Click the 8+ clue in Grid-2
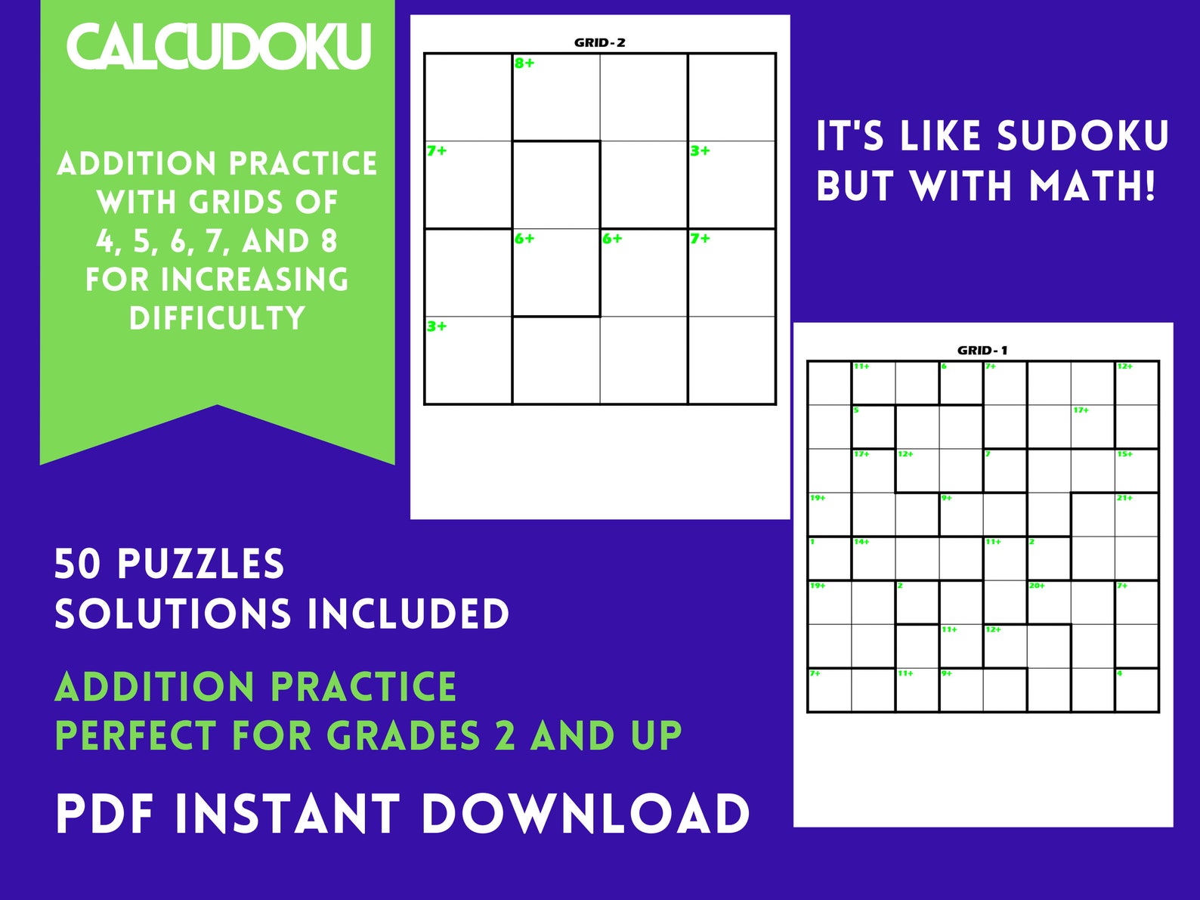pos(524,63)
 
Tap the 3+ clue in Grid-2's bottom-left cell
pos(437,326)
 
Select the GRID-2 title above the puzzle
pos(599,42)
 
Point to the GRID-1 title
pos(982,350)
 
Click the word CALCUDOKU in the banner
pos(219,46)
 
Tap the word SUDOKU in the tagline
pos(1082,137)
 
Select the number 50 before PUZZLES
pos(77,564)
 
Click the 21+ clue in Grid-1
pos(1124,498)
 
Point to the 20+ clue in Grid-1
pos(1037,586)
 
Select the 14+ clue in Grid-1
pos(861,542)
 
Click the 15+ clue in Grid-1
pos(1124,454)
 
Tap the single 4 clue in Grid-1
pos(1120,673)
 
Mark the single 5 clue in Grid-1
pos(856,410)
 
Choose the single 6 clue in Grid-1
pos(944,366)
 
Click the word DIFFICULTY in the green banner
pos(217,318)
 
